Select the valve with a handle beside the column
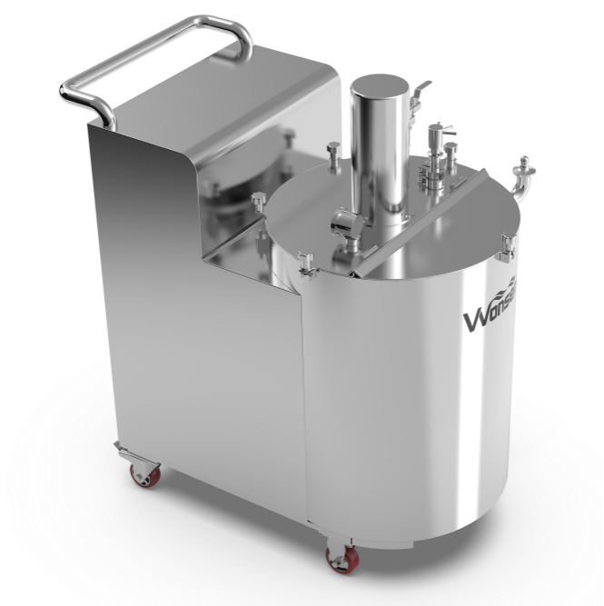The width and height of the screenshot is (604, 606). [434, 136]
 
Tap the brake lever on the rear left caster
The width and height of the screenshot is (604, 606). [119, 450]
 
